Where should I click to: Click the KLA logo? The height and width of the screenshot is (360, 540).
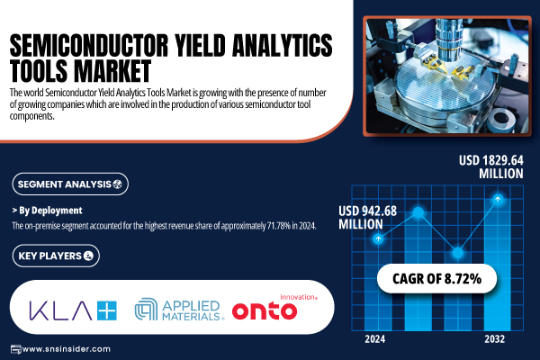(73, 310)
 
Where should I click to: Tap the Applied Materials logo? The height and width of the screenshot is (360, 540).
(179, 310)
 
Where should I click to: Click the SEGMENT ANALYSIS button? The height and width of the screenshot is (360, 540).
(70, 184)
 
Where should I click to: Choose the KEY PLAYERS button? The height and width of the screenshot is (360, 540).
(56, 256)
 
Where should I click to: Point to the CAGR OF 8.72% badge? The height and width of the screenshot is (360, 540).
(436, 278)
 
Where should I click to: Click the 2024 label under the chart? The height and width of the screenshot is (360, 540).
(374, 339)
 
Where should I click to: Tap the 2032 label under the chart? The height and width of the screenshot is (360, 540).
(494, 339)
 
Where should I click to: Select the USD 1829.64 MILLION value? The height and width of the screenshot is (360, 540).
(491, 166)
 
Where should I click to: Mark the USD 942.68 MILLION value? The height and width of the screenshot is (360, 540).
(367, 218)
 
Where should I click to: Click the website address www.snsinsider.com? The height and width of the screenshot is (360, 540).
(66, 349)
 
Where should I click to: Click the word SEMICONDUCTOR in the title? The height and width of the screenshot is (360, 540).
(89, 45)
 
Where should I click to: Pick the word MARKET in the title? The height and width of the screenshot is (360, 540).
(112, 70)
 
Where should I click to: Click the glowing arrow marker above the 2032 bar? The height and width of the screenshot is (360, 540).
(498, 199)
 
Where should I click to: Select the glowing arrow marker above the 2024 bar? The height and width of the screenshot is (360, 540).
(378, 238)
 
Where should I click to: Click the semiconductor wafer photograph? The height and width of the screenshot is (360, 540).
(447, 76)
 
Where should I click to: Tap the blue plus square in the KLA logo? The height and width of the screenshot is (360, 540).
(107, 310)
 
